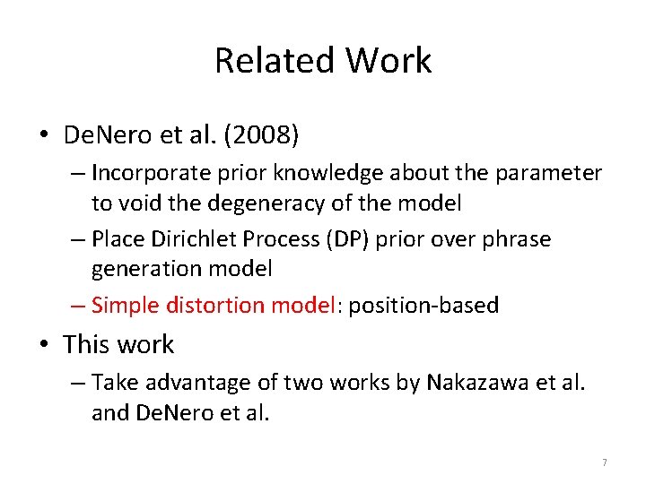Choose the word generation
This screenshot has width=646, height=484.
tap(144, 269)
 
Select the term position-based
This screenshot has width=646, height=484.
tap(423, 305)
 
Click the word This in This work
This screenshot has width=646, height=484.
tap(84, 344)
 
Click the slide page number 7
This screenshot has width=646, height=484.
tap(604, 462)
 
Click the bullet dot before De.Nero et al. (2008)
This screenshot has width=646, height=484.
tap(44, 137)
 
